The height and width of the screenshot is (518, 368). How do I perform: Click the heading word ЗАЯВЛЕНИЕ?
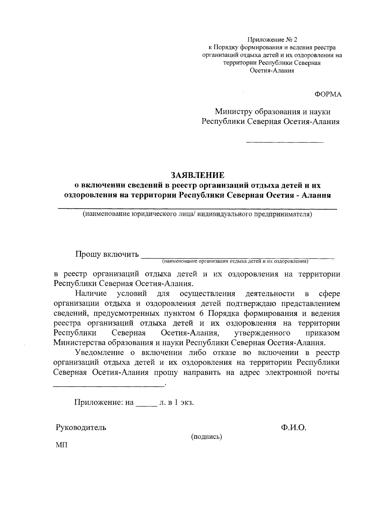[197, 175]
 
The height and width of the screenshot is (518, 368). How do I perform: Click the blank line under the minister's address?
[285, 142]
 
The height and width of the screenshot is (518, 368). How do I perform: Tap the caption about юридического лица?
[197, 214]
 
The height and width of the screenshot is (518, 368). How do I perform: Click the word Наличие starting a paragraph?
[91, 294]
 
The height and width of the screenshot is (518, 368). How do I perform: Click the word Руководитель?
[81, 427]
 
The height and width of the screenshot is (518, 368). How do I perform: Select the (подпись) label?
[206, 437]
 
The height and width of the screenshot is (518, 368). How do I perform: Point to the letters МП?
[61, 445]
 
